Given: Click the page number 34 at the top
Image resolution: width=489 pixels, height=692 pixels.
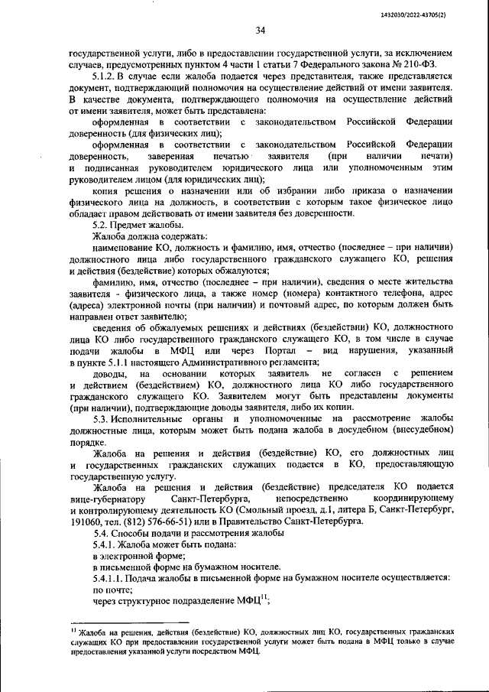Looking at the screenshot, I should pos(260,31).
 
